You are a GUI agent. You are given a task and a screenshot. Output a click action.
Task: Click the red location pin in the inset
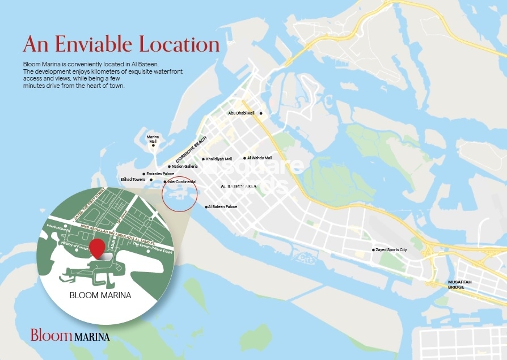pos(98,248)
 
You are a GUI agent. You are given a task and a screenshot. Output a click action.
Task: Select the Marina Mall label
pos(153,138)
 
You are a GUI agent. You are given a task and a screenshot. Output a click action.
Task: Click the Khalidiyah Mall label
pos(219,159)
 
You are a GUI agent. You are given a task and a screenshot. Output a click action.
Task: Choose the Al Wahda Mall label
pos(260,158)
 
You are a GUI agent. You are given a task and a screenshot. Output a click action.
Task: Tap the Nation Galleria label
pos(185,167)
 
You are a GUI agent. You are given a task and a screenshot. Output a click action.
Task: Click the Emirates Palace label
pos(160,174)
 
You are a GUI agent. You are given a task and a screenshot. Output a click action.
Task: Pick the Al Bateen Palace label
pos(223,207)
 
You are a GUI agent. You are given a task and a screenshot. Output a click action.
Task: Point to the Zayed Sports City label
pos(391,250)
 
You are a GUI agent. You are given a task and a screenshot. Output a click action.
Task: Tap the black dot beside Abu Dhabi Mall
pos(260,113)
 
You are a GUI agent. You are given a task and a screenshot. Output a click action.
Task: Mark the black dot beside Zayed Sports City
pos(373,250)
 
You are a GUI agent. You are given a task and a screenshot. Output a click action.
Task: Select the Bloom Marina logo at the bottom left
pos(70,335)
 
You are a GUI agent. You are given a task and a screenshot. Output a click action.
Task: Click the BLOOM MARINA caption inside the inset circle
pos(100,295)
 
